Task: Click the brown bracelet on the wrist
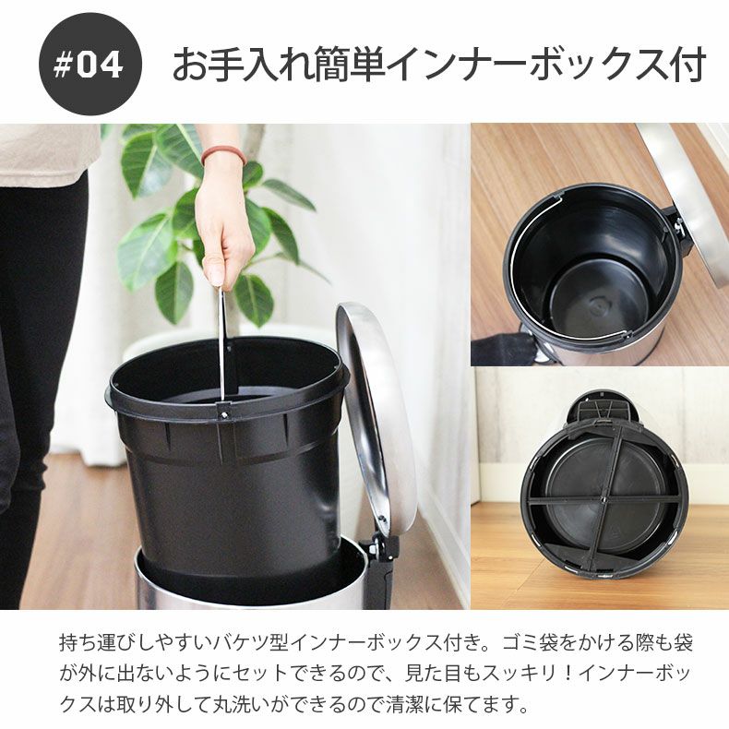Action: [x=222, y=154]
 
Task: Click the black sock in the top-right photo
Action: [x=502, y=350]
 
